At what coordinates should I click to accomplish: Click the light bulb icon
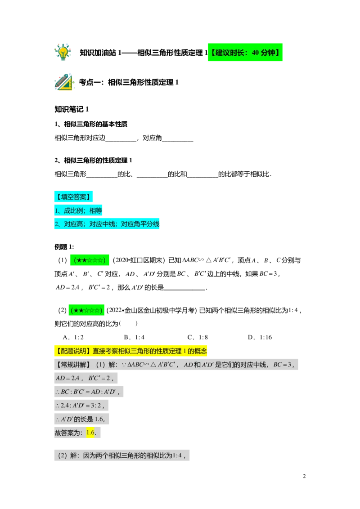63,52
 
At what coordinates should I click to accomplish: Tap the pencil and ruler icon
64,83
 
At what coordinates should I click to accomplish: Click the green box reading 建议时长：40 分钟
245,53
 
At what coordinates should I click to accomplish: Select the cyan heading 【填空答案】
74,196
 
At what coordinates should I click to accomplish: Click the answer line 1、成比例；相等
78,210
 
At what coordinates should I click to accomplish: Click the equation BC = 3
283,365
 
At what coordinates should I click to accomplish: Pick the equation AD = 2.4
67,379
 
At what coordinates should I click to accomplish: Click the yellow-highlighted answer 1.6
90,433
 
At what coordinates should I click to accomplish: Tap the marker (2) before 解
62,455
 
